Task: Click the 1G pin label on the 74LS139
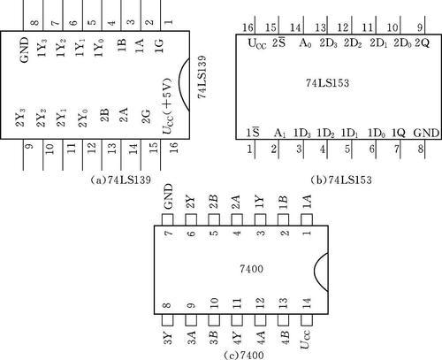(x=159, y=45)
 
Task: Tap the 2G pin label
(x=146, y=117)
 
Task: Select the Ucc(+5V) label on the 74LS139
(x=167, y=106)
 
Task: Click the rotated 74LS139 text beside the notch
(x=202, y=77)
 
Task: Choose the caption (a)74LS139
(x=121, y=180)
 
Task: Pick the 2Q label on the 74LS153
(x=423, y=43)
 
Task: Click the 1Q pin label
(x=399, y=133)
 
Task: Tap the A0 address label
(x=305, y=43)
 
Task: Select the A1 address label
(x=279, y=134)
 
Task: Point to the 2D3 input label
(x=328, y=43)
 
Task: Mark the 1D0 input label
(x=377, y=134)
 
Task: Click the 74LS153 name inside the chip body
(x=327, y=83)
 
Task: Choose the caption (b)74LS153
(x=341, y=180)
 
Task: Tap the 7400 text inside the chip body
(x=251, y=269)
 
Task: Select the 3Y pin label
(x=167, y=338)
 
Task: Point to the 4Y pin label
(x=237, y=338)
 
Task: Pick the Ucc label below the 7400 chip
(x=305, y=340)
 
